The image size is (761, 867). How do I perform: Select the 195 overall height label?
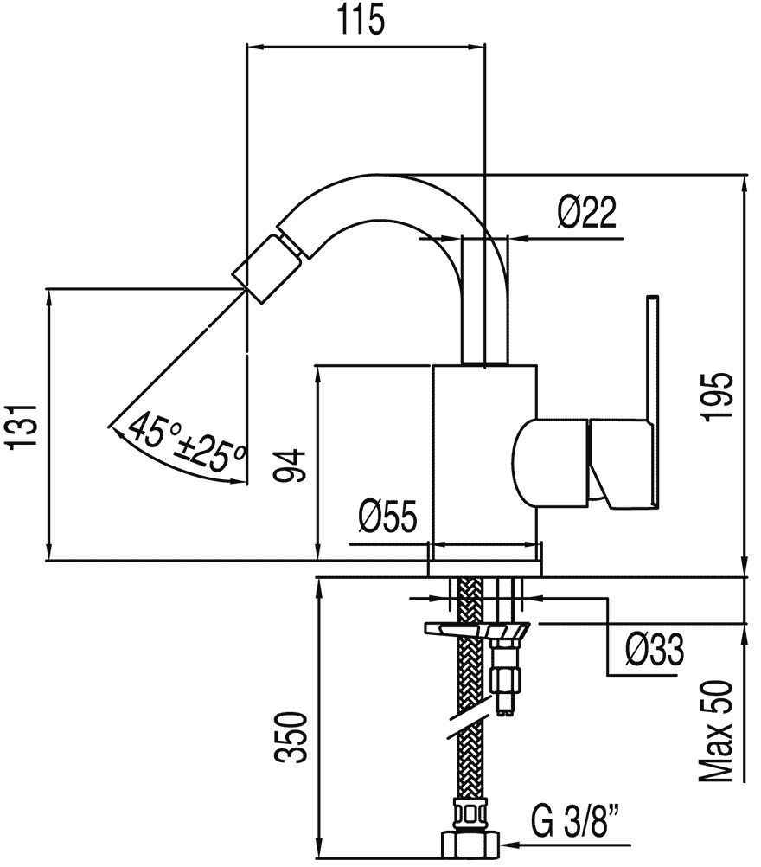pos(717,396)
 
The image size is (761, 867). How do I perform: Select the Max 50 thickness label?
pos(717,731)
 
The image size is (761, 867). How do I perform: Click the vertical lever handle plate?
pos(653,398)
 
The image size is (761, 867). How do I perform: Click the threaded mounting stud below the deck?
pos(507,675)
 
